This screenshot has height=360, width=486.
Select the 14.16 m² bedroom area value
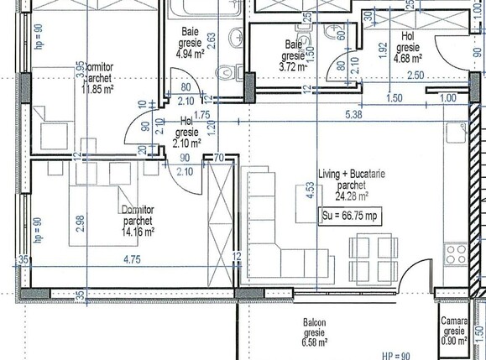pos(140,222)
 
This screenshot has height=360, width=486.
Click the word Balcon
pos(316,322)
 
